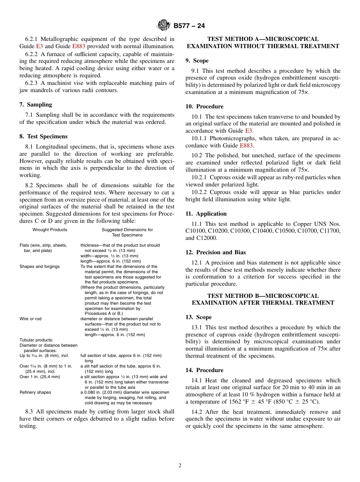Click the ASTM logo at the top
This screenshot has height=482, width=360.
coord(164,26)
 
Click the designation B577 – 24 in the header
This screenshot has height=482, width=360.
coord(189,26)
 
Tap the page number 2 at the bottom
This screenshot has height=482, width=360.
coord(180,466)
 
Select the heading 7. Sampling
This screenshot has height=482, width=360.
coord(36,105)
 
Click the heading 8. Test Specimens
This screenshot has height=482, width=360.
coord(44,136)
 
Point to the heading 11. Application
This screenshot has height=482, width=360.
coord(206,214)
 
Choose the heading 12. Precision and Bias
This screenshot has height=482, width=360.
coord(216,252)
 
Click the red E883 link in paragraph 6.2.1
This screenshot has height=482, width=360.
coord(78,46)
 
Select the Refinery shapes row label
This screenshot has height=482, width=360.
coord(35,393)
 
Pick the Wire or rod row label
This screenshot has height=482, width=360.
coord(31,319)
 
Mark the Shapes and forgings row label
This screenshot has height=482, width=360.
coord(40,266)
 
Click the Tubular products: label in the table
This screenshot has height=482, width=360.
coord(36,340)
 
